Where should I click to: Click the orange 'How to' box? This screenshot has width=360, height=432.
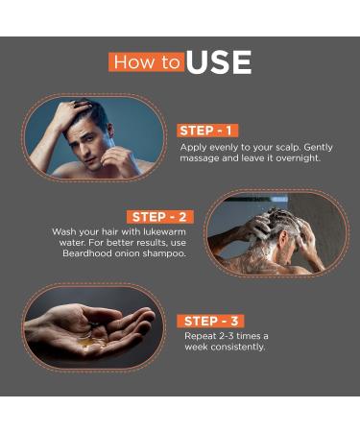click(x=146, y=62)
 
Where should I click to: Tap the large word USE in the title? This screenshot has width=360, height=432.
click(x=219, y=63)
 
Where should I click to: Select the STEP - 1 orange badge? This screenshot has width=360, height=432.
click(x=206, y=131)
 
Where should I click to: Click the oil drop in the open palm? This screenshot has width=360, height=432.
click(x=86, y=339)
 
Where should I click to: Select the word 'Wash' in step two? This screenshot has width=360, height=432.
click(x=64, y=232)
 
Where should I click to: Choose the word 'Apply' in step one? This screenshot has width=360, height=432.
click(x=194, y=147)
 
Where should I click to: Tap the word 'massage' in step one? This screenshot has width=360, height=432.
click(x=201, y=158)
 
